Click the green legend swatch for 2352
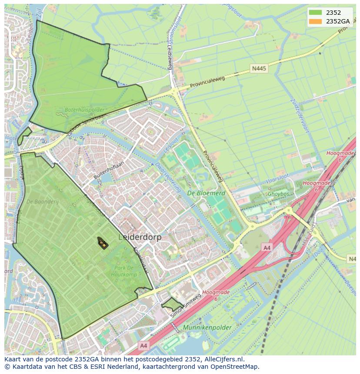tap(316, 13)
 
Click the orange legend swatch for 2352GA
tap(316, 21)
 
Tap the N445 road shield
tap(259, 69)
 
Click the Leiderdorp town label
tap(140, 237)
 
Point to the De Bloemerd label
tap(206, 193)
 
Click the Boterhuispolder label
tap(85, 110)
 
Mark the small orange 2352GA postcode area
tap(103, 244)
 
